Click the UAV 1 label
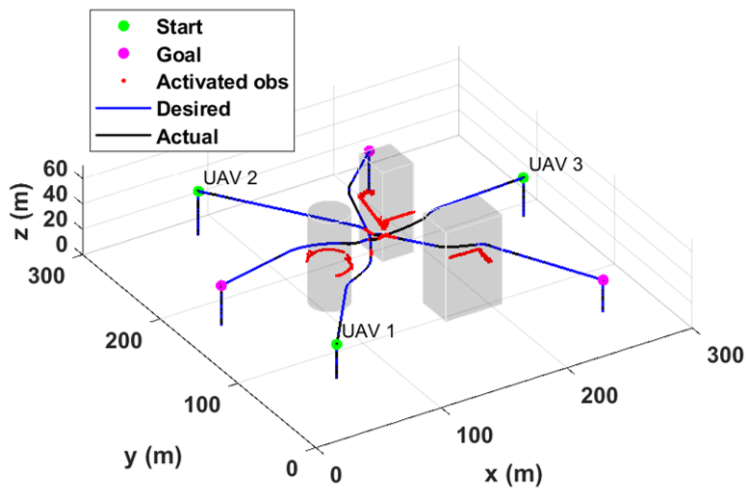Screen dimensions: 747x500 point(369,330)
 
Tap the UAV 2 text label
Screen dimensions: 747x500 point(230,178)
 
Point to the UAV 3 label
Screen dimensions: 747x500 point(556,165)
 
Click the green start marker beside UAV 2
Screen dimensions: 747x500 point(198,191)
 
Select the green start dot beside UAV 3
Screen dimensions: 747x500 point(523,178)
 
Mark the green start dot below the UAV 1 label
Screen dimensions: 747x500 point(336,344)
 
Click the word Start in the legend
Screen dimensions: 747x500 point(179,27)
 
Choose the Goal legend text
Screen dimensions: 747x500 point(179,54)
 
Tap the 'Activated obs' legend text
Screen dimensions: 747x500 point(222,82)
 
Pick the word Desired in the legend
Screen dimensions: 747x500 point(193,109)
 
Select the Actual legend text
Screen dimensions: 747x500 point(187,137)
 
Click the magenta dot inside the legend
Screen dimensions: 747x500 point(123,53)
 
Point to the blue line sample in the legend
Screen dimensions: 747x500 point(123,108)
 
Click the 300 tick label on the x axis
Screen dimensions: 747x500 point(725,355)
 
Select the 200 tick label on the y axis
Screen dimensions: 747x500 point(123,340)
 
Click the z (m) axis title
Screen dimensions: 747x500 point(21,212)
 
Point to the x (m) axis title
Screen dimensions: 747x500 point(514,474)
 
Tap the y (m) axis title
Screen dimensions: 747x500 point(153,456)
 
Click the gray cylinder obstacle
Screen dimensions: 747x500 point(329,256)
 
